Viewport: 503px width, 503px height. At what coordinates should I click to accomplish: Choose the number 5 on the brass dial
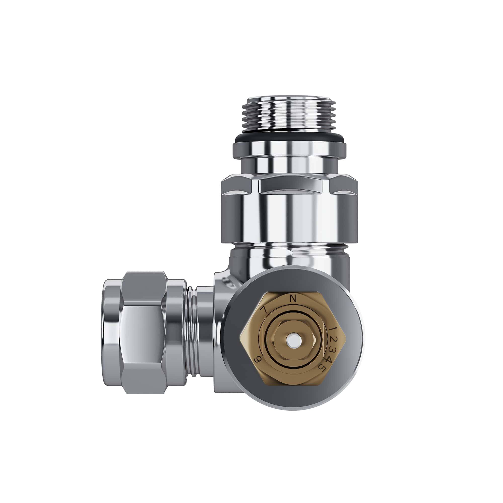[323, 369]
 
